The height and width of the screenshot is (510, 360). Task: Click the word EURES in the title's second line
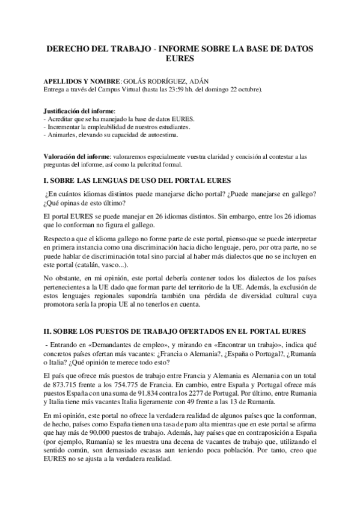coord(180,59)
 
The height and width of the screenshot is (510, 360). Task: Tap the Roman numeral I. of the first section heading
coord(46,181)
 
